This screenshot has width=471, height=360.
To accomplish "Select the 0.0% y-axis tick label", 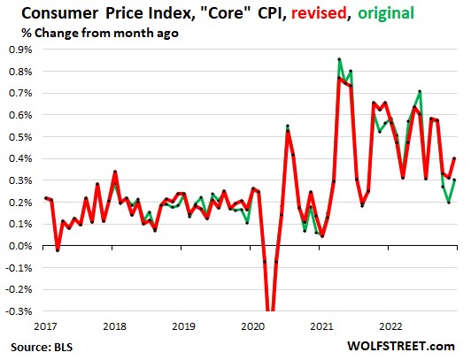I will click(19, 246).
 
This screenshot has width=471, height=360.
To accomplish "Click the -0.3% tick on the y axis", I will click(18, 311).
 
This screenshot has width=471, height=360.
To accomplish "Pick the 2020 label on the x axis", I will click(253, 325).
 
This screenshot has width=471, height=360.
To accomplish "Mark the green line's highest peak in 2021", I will click(340, 59).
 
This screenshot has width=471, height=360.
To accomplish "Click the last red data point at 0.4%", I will click(455, 158).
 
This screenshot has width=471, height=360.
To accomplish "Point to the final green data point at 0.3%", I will click(455, 180).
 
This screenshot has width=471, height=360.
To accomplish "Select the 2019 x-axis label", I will click(184, 325).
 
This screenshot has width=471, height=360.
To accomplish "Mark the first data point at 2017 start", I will click(45, 198).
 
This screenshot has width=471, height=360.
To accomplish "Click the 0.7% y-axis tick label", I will click(19, 92).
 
